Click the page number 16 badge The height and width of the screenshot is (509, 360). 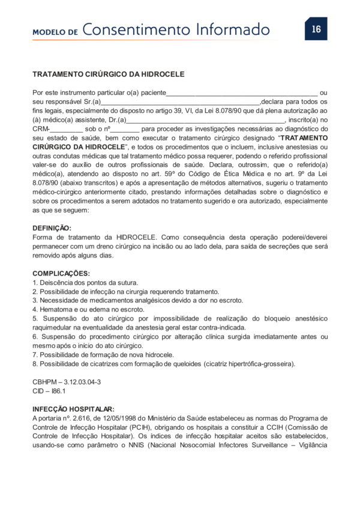pyautogui.click(x=316, y=29)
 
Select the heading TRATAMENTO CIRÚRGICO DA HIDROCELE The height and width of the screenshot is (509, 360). pyautogui.click(x=108, y=74)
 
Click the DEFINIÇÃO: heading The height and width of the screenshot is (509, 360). pyautogui.click(x=52, y=228)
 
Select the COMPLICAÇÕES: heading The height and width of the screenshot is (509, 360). pyautogui.click(x=59, y=273)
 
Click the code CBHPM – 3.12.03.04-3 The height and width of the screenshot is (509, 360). pyautogui.click(x=67, y=381)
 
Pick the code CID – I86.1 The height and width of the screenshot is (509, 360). pyautogui.click(x=49, y=390)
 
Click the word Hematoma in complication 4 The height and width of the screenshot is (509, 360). pyautogui.click(x=55, y=309)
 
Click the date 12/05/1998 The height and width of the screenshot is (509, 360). pyautogui.click(x=116, y=417)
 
